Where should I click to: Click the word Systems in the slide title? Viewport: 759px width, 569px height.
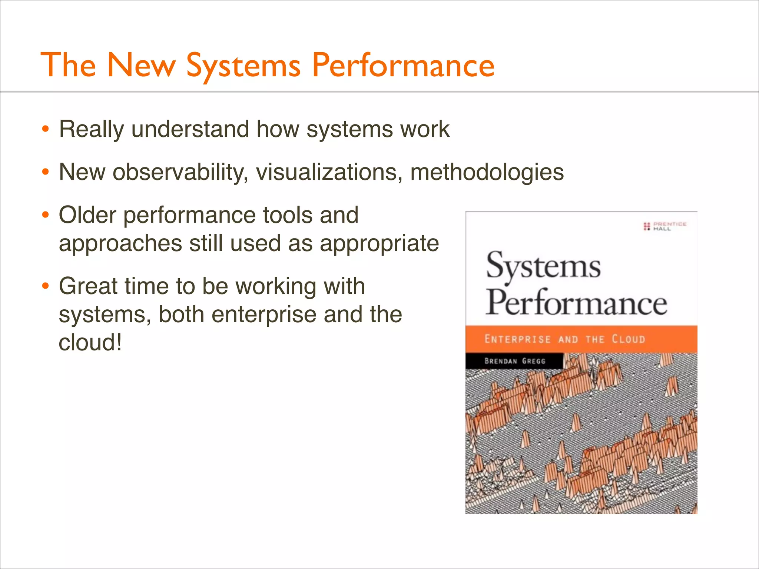[243, 66]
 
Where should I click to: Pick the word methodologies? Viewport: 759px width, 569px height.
[487, 173]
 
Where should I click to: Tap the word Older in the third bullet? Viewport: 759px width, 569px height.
[87, 215]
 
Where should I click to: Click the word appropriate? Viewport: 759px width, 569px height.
[379, 244]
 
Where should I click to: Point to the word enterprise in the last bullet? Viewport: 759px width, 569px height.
[264, 315]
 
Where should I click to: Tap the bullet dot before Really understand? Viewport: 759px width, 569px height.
[45, 130]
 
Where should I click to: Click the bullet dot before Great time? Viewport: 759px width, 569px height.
[45, 286]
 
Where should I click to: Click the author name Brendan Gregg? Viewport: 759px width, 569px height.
[515, 361]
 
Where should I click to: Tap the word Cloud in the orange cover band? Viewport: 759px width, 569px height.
[628, 339]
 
